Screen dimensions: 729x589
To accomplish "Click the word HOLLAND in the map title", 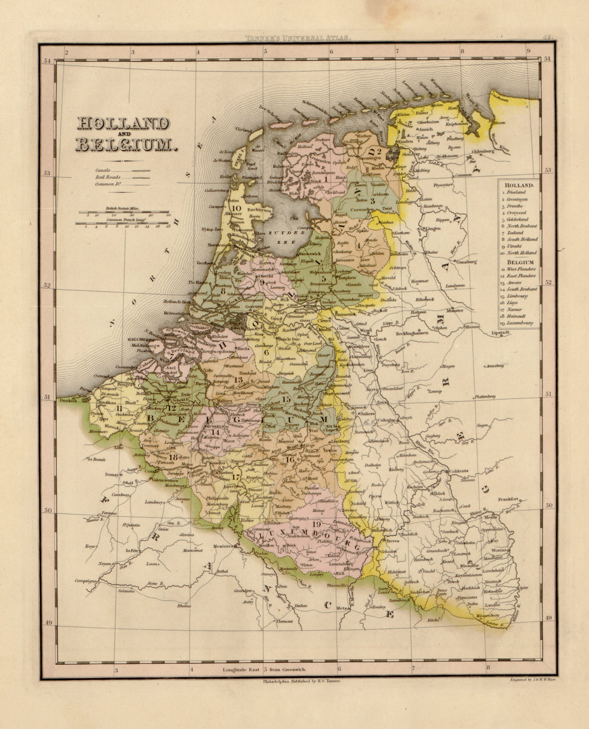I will [123, 124].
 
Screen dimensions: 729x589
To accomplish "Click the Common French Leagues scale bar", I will [126, 224].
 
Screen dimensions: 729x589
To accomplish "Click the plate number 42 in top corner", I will [546, 37].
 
